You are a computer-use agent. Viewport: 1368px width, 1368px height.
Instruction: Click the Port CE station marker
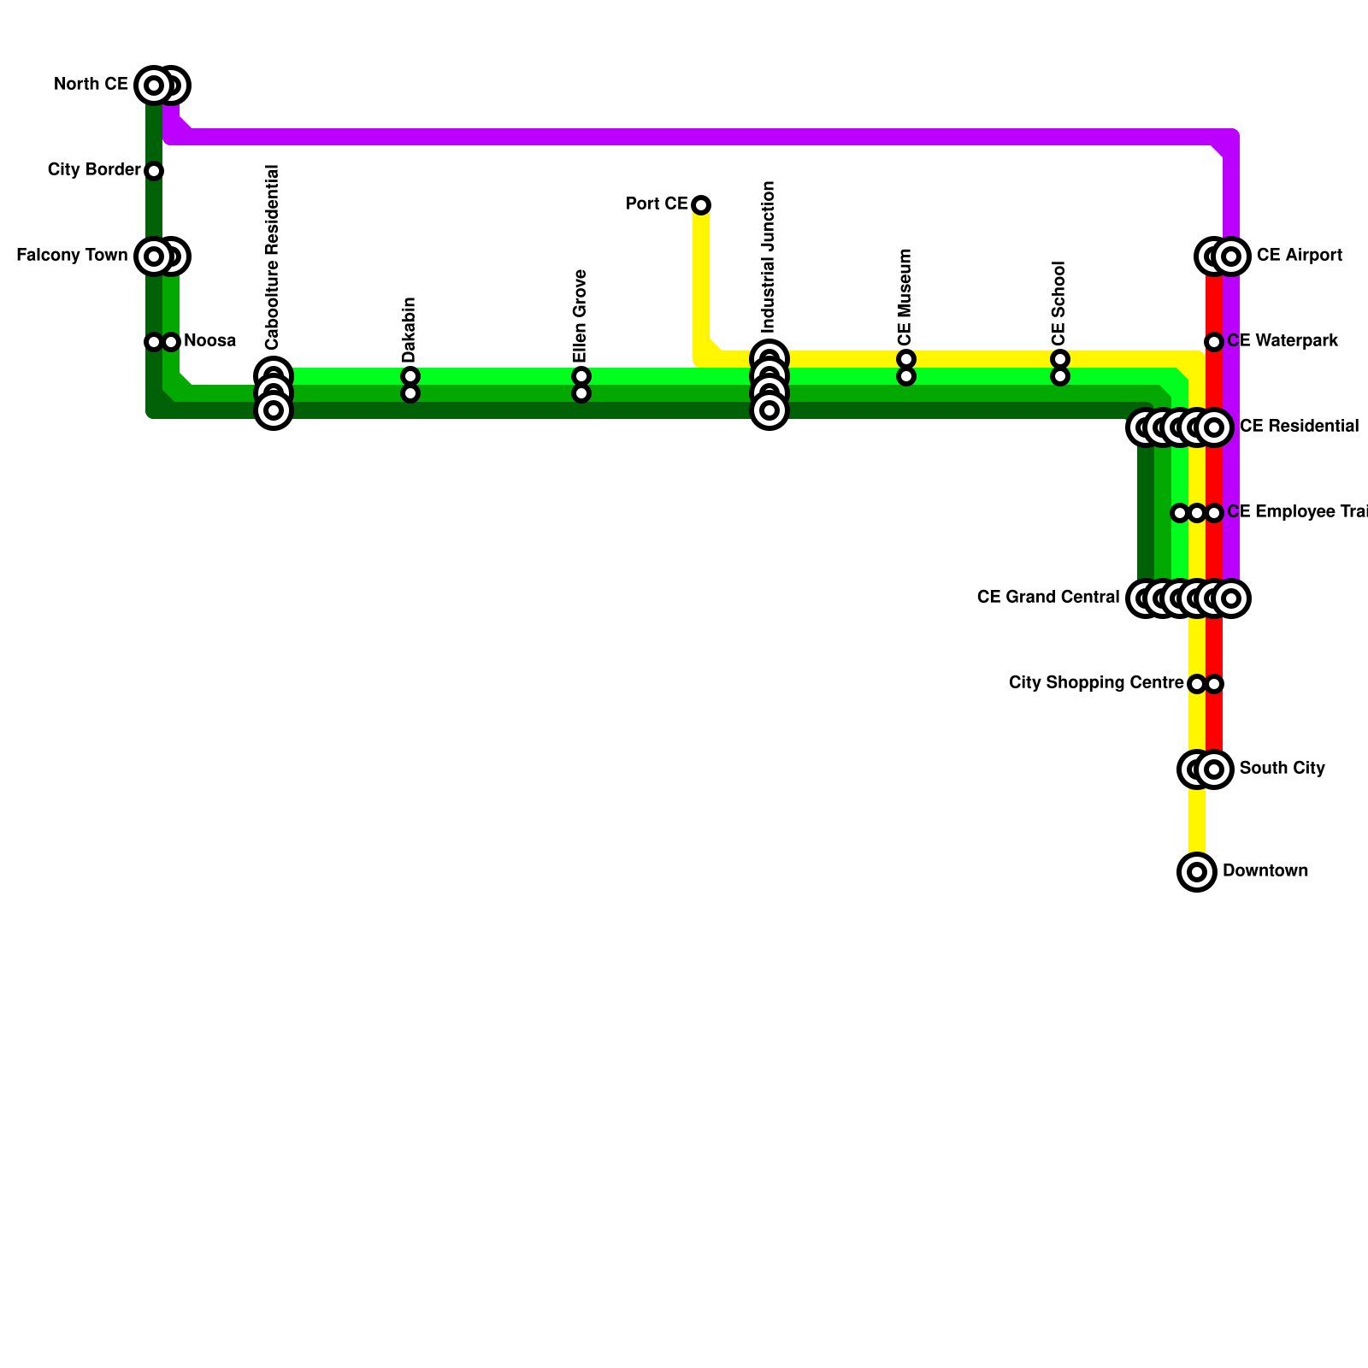pyautogui.click(x=701, y=205)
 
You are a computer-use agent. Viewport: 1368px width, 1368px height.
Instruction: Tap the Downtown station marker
pyautogui.click(x=1197, y=872)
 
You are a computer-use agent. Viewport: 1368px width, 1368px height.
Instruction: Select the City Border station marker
pyautogui.click(x=154, y=171)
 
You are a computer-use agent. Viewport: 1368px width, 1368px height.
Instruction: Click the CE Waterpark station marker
pyautogui.click(x=1214, y=342)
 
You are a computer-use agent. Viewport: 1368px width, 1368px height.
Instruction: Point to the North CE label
pyautogui.click(x=91, y=85)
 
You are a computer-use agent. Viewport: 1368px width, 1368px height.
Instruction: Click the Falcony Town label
pyautogui.click(x=72, y=256)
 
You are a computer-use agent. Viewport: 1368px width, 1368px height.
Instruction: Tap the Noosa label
pyautogui.click(x=209, y=341)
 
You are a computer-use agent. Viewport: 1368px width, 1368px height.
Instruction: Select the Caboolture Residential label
pyautogui.click(x=273, y=257)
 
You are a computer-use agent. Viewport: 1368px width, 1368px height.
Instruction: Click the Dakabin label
pyautogui.click(x=410, y=330)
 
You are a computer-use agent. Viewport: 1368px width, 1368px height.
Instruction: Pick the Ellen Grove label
pyautogui.click(x=581, y=316)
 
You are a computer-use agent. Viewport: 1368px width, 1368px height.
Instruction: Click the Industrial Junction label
pyautogui.click(x=769, y=257)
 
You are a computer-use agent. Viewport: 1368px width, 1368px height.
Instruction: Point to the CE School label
pyautogui.click(x=1059, y=303)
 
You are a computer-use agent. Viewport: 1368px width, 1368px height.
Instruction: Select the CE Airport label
pyautogui.click(x=1299, y=256)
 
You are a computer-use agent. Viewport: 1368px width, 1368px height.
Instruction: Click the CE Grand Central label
pyautogui.click(x=1047, y=598)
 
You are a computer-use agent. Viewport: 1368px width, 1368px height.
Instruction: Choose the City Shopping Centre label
pyautogui.click(x=1096, y=683)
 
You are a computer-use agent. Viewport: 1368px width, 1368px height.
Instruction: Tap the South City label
pyautogui.click(x=1282, y=769)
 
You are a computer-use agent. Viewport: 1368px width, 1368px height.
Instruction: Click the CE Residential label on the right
pyautogui.click(x=1299, y=427)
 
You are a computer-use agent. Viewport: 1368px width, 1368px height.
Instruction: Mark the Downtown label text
pyautogui.click(x=1265, y=871)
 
